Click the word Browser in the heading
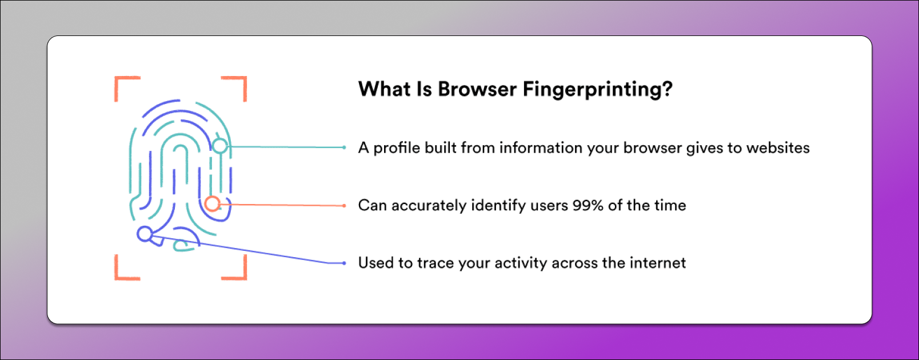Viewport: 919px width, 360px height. (x=477, y=89)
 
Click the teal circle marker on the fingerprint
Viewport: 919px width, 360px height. (x=220, y=146)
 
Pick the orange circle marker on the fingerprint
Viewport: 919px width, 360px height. (x=212, y=204)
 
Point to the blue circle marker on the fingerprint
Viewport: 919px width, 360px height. (x=145, y=234)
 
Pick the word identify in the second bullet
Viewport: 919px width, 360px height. (x=498, y=206)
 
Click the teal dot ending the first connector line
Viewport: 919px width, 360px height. (x=344, y=147)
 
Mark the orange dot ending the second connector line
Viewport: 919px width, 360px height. (x=344, y=205)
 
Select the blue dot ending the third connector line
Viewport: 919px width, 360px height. (x=344, y=263)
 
